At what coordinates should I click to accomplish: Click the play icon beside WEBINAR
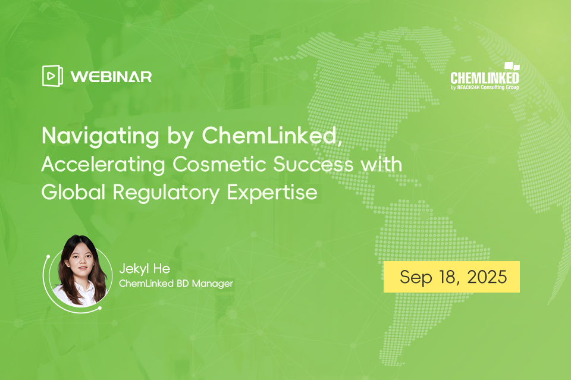tap(52, 76)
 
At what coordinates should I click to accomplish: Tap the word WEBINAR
tap(111, 77)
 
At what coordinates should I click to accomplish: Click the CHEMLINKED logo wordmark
tap(484, 78)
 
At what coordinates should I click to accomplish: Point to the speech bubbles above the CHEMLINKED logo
tap(511, 66)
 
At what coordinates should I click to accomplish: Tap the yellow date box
tap(451, 277)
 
